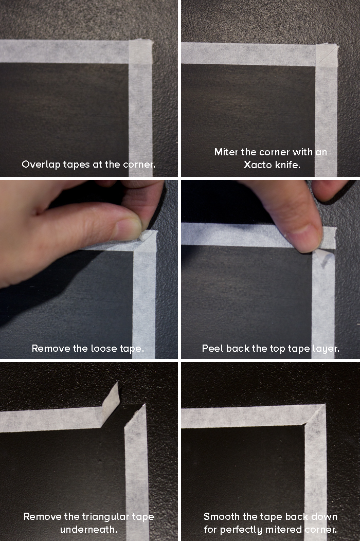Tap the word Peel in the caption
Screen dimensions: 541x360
212,348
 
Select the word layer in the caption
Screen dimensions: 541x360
325,348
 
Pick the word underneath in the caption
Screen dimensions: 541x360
88,529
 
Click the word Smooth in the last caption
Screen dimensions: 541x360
222,516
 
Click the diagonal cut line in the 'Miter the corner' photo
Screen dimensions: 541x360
327,53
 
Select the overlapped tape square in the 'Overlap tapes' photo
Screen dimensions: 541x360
140,51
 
